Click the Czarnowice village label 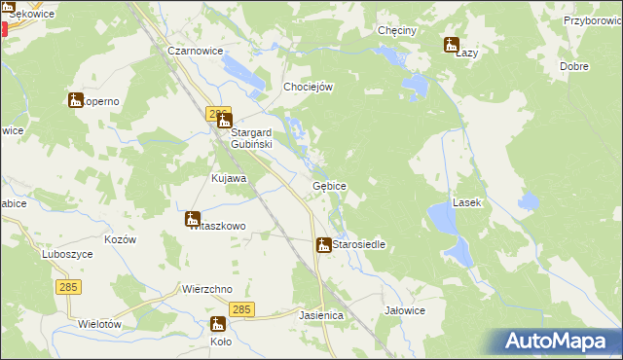click(x=195, y=51)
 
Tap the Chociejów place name click(x=308, y=87)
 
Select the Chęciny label click(x=397, y=30)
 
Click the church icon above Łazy click(x=452, y=44)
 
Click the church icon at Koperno click(x=76, y=99)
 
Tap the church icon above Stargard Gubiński click(x=225, y=122)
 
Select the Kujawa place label click(x=229, y=179)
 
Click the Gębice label click(x=329, y=185)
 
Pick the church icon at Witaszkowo click(x=193, y=219)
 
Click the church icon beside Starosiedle click(x=323, y=245)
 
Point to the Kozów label click(x=119, y=239)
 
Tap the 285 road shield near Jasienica click(x=243, y=309)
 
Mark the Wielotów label click(x=99, y=323)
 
